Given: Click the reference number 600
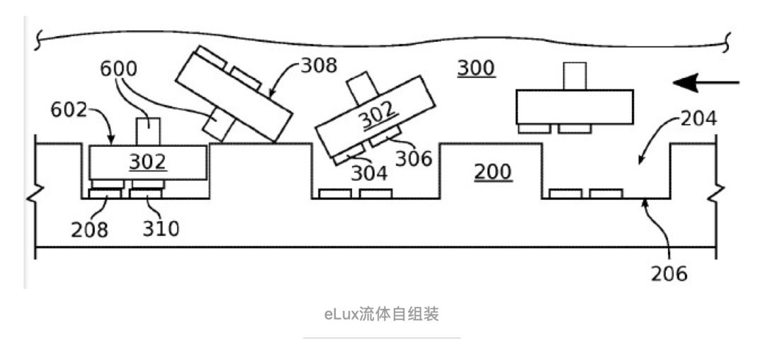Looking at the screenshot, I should pyautogui.click(x=118, y=69).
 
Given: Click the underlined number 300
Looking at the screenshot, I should pyautogui.click(x=475, y=68).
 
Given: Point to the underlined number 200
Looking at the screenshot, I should pyautogui.click(x=493, y=171).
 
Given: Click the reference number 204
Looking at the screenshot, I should pyautogui.click(x=698, y=119).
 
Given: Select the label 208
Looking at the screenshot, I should pyautogui.click(x=90, y=229).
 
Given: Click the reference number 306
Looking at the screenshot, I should pyautogui.click(x=413, y=158).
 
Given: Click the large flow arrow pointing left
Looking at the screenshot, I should pyautogui.click(x=705, y=83).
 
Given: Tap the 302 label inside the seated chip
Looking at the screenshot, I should pyautogui.click(x=147, y=162).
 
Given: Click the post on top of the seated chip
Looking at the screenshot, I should pyautogui.click(x=147, y=130).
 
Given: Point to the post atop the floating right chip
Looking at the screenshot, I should pyautogui.click(x=574, y=76).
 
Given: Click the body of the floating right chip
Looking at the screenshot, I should pyautogui.click(x=574, y=106).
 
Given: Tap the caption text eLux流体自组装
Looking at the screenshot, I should pyautogui.click(x=382, y=314).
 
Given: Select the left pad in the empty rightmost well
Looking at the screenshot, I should pyautogui.click(x=565, y=193).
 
